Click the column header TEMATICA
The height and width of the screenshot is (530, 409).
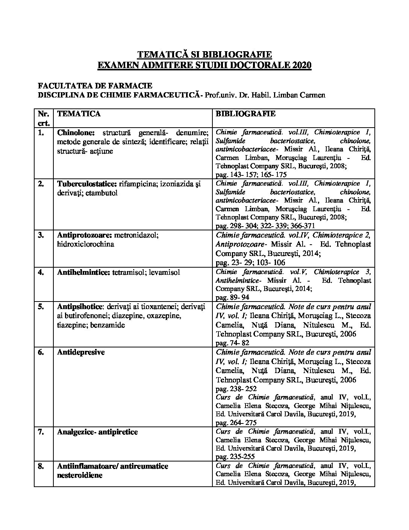click(x=79, y=114)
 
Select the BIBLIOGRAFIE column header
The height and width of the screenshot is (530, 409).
click(x=245, y=114)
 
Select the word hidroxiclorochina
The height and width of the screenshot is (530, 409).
click(x=86, y=244)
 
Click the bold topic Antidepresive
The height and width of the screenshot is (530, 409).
click(x=81, y=352)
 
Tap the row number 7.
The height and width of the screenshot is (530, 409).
click(x=41, y=432)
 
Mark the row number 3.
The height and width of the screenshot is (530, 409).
click(x=41, y=235)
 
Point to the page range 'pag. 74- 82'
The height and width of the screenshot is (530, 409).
click(x=232, y=343)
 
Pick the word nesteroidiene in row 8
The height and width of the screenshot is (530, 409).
click(x=80, y=475)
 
